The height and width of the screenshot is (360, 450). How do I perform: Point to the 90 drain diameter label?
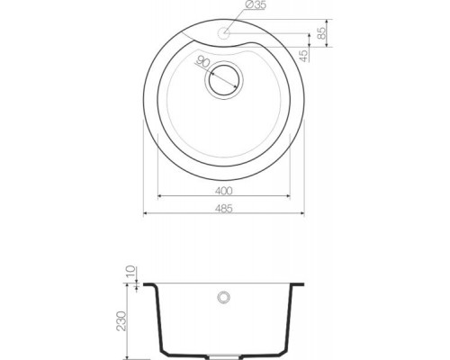click(x=203, y=64)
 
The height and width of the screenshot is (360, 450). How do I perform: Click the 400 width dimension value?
click(x=224, y=190)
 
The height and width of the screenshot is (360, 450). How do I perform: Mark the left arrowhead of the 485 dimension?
click(x=148, y=216)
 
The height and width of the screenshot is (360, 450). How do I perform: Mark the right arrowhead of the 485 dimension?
click(x=302, y=216)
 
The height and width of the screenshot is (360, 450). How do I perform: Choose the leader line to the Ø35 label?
click(x=238, y=23)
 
